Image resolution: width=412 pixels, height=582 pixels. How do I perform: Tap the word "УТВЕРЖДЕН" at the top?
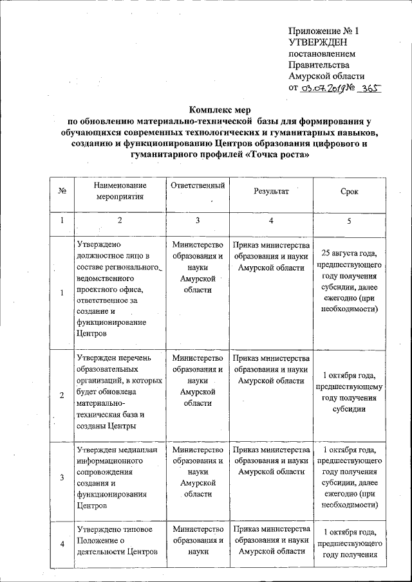(x=319, y=42)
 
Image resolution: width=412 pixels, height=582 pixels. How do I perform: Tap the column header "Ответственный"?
(x=198, y=186)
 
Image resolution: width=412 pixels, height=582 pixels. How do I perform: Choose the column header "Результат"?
(x=271, y=192)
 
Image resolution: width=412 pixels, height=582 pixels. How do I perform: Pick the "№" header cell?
(x=62, y=192)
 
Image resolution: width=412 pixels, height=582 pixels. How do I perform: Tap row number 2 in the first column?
(x=62, y=395)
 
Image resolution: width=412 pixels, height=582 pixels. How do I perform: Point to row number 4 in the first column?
(x=62, y=545)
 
